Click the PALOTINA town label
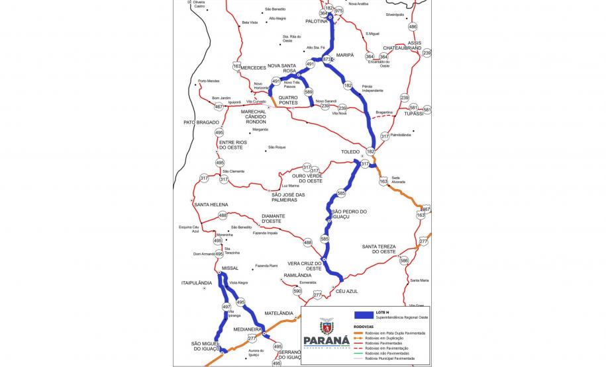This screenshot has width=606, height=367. point(317,21)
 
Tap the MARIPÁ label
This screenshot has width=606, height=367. point(345,55)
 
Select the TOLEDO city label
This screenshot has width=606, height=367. point(350,152)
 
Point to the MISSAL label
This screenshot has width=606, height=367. point(230,268)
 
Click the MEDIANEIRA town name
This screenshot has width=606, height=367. point(246,329)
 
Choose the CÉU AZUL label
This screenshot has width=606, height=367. point(347,292)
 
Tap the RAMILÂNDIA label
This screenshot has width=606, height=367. point(297,275)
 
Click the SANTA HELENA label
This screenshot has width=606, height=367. point(211,205)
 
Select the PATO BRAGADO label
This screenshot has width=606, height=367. point(201,122)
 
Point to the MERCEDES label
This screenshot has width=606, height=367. point(253,67)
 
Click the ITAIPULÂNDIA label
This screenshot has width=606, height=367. point(196,282)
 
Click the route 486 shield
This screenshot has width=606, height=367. point(413,26)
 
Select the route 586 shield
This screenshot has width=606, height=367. point(404,261)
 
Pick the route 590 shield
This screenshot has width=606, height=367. point(297,291)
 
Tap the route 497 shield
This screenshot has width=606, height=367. point(227,307)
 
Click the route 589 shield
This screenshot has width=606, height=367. point(309,92)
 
